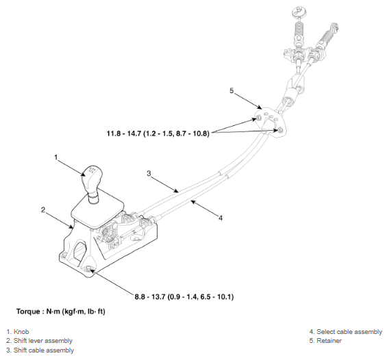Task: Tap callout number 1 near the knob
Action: coord(56,157)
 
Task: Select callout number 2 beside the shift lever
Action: coord(43,210)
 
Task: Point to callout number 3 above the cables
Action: coord(149,173)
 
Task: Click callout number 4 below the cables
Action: coord(221,218)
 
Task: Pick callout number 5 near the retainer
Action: coord(231,91)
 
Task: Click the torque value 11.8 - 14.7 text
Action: coord(158,133)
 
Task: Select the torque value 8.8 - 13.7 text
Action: coord(184,296)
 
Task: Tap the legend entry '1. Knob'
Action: coord(18,332)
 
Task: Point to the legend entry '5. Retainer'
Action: coord(325,341)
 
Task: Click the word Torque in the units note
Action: coord(28,311)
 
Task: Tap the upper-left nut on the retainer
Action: coord(258,118)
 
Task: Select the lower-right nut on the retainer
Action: coord(280,130)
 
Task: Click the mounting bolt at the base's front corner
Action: coord(88,268)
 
